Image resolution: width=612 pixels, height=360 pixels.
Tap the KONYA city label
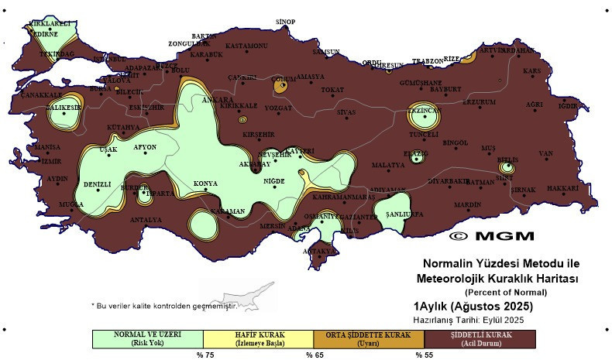(205, 183)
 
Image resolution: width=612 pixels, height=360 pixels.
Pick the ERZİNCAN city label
(424, 111)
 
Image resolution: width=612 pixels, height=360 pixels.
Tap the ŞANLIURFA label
(403, 213)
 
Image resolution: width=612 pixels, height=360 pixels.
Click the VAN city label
(546, 153)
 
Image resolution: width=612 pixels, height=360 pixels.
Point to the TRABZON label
(427, 60)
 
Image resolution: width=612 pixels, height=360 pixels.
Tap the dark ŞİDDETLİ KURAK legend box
(480, 339)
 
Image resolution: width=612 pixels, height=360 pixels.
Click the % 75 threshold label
(204, 355)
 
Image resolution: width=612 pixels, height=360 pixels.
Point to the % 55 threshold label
(424, 355)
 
